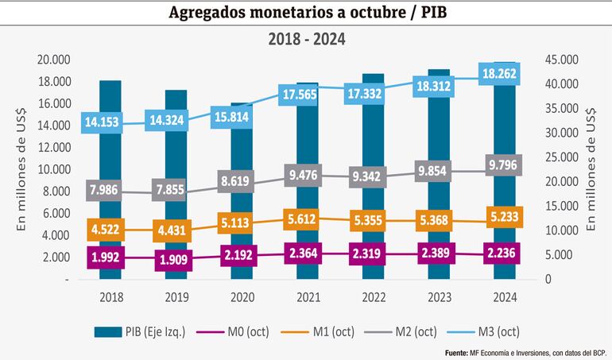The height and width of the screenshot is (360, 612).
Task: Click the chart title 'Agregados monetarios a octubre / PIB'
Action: coord(306,13)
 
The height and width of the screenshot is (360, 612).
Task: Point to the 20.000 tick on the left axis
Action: coord(54,60)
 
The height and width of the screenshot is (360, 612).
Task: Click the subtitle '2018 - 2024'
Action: coord(306,38)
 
